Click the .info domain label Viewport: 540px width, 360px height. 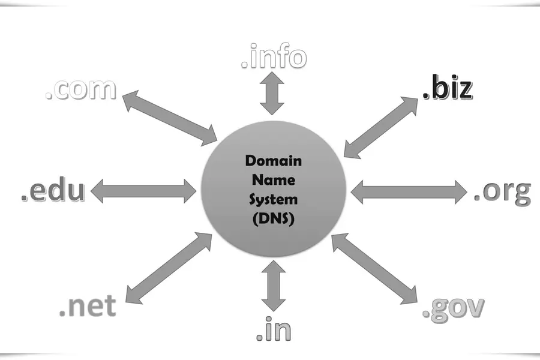[x=274, y=56]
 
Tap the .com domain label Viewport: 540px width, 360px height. [x=81, y=89]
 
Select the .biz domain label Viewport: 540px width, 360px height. [x=448, y=87]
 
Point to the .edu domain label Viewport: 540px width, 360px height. [x=53, y=190]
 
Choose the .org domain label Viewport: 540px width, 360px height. [x=502, y=192]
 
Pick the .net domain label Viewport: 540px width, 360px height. [x=88, y=305]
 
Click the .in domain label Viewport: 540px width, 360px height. [x=274, y=329]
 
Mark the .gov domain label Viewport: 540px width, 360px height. [x=453, y=308]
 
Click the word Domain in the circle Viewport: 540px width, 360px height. [x=274, y=161]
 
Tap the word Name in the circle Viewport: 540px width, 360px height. [x=274, y=180]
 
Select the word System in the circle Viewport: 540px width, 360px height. [x=274, y=199]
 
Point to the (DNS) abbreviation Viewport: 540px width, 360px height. [x=274, y=219]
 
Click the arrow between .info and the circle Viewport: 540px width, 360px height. [x=272, y=94]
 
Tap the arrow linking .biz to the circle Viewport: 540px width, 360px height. [x=381, y=127]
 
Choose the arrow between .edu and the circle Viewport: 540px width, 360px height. [x=143, y=191]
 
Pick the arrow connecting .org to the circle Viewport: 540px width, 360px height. [x=409, y=192]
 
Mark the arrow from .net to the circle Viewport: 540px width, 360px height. [x=169, y=268]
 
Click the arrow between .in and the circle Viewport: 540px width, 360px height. [x=274, y=286]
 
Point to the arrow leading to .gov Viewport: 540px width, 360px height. [x=374, y=269]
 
